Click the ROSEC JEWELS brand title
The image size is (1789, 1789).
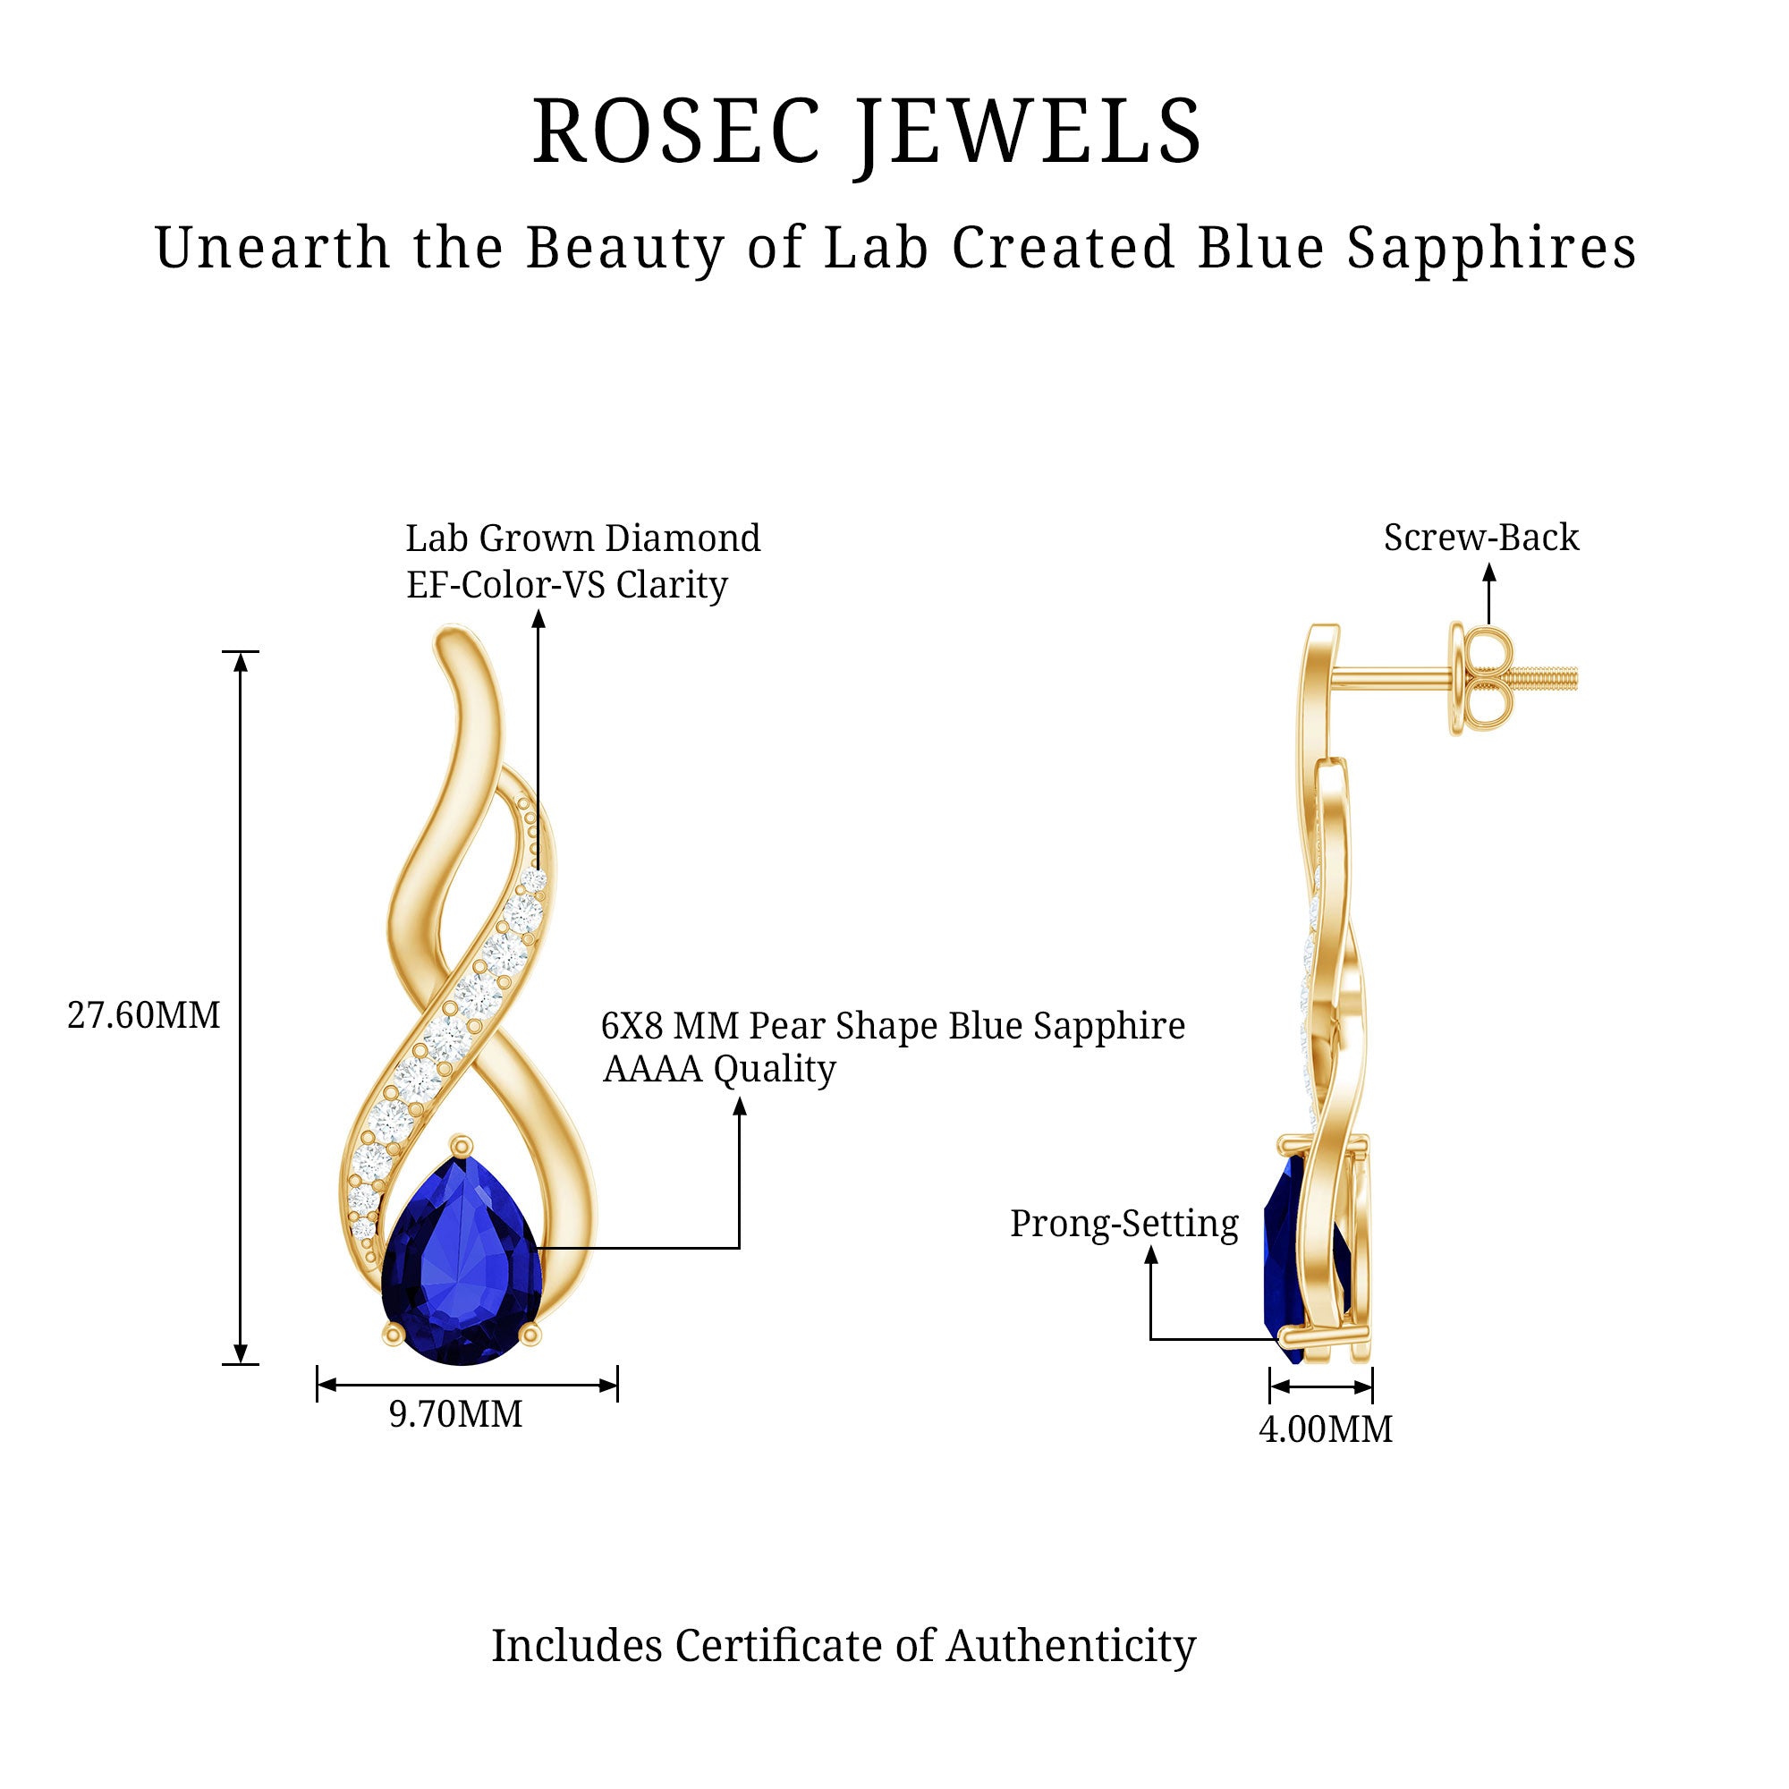(867, 132)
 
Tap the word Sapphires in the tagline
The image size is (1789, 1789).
(1491, 248)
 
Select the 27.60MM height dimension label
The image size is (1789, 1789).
(143, 1016)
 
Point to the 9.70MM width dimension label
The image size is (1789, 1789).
(455, 1414)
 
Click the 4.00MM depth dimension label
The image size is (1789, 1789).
(1325, 1429)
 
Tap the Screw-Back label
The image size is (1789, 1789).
(1480, 538)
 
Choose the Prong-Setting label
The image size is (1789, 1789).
(1123, 1225)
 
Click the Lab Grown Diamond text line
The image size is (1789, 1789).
(582, 538)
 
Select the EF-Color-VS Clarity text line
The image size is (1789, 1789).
(567, 585)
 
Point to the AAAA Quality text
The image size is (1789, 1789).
(718, 1070)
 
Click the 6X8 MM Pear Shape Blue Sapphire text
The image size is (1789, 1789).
(893, 1026)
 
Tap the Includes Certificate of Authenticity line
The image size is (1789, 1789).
(843, 1646)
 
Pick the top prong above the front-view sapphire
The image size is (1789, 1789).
(462, 1147)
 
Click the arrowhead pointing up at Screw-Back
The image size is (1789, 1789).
(1489, 572)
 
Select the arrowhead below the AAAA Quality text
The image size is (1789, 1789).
(739, 1106)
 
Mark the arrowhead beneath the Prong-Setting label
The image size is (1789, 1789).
(1151, 1256)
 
